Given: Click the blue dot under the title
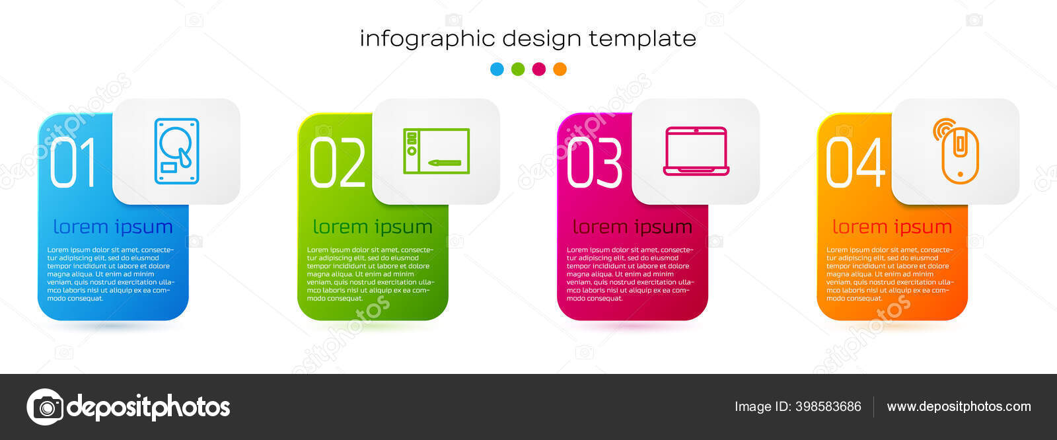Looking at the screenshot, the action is pyautogui.click(x=497, y=69).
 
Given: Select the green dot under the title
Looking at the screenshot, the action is pyautogui.click(x=518, y=69).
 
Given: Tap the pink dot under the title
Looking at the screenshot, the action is pyautogui.click(x=539, y=69).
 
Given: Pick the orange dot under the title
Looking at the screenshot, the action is pyautogui.click(x=560, y=69).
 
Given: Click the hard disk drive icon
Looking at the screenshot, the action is pyautogui.click(x=176, y=151).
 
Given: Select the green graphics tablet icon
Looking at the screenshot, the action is pyautogui.click(x=437, y=151).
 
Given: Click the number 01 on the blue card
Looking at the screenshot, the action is pyautogui.click(x=73, y=163).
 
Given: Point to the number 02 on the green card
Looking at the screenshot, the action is pyautogui.click(x=338, y=163).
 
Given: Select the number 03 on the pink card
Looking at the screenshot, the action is pyautogui.click(x=595, y=163).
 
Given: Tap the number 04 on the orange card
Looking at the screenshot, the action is pyautogui.click(x=856, y=163).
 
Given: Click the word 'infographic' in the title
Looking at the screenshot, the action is pyautogui.click(x=427, y=39).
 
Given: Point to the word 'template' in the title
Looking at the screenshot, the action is pyautogui.click(x=643, y=39).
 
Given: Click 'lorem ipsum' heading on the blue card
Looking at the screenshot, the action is pyautogui.click(x=113, y=227).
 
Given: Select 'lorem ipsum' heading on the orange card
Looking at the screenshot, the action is pyautogui.click(x=893, y=227).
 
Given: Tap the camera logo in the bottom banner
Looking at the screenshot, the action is pyautogui.click(x=46, y=407).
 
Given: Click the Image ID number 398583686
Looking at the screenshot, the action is pyautogui.click(x=828, y=406).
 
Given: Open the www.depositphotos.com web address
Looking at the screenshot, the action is pyautogui.click(x=959, y=406).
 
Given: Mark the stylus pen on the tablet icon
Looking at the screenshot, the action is pyautogui.click(x=445, y=163).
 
